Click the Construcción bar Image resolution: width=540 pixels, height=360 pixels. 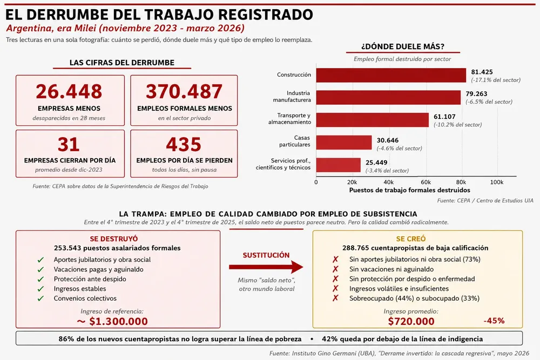tap(391, 75)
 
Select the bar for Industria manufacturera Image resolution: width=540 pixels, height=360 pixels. tap(388, 97)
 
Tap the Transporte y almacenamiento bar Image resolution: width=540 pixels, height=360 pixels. tap(372, 120)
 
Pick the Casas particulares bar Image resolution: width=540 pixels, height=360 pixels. tap(344, 142)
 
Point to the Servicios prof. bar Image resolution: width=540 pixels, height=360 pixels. tap(339, 165)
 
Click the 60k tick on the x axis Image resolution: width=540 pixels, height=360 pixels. tap(426, 182)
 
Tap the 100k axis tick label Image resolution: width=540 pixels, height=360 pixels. tap(497, 182)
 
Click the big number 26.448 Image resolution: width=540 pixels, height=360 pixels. tap(69, 92)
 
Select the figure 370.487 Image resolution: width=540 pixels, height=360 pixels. tap(184, 92)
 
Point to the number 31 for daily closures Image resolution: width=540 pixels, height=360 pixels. tap(69, 145)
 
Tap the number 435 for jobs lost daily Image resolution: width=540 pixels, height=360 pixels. tap(184, 145)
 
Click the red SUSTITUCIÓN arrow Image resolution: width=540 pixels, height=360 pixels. tap(266, 267)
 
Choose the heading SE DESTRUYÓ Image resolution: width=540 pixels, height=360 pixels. tap(113, 239)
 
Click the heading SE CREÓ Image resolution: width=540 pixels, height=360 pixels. tap(411, 239)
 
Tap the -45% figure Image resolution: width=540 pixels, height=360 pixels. tap(494, 321)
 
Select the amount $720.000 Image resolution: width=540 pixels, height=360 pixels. tap(411, 322)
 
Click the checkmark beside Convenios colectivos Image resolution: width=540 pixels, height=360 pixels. tap(40, 298)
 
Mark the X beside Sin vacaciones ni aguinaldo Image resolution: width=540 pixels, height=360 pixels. tap(335, 269)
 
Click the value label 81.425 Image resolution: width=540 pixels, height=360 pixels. tap(482, 72)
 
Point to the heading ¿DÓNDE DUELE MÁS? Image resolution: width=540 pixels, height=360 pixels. tap(403, 46)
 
